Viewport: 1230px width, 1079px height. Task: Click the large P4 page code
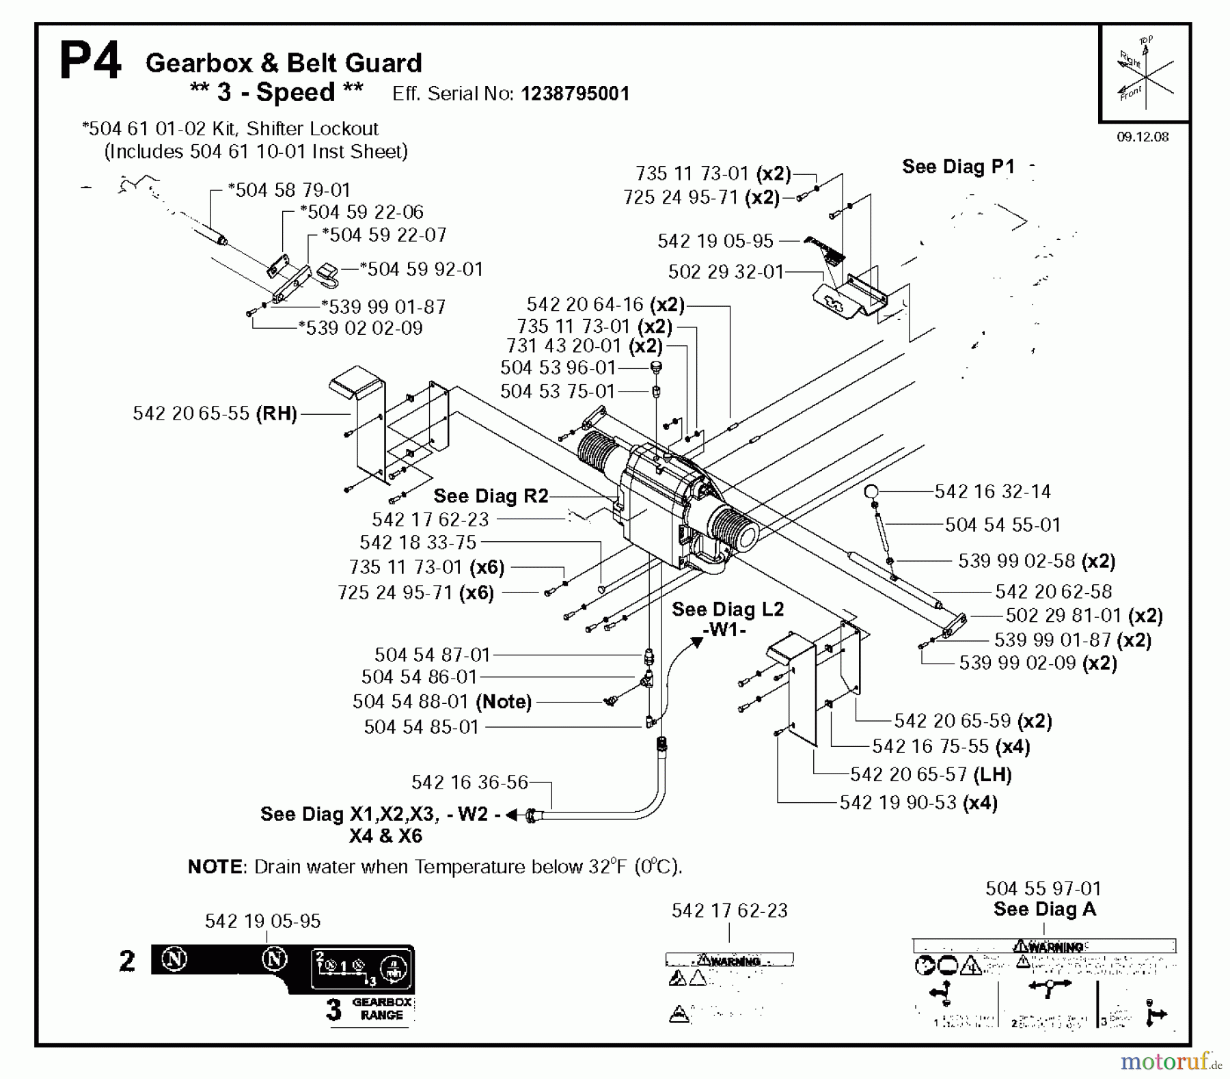coord(90,62)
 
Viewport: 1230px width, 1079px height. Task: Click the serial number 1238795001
coord(575,94)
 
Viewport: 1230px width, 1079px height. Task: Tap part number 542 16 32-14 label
coord(992,491)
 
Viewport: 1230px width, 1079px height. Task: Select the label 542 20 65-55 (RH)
coord(215,413)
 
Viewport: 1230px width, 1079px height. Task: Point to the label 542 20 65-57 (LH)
coord(931,774)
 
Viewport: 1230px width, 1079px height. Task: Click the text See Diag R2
coord(491,496)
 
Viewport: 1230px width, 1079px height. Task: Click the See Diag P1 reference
coord(958,166)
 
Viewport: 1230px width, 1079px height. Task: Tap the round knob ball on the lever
coord(871,491)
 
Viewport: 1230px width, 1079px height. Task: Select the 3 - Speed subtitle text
coord(276,92)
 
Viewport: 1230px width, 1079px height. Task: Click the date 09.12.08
coord(1143,137)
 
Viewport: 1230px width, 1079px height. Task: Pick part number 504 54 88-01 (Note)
coord(441,702)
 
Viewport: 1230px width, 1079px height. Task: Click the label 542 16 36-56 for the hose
coord(469,782)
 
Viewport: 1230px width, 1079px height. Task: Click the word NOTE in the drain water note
coord(215,866)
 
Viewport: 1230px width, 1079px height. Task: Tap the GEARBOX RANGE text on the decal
coord(381,1009)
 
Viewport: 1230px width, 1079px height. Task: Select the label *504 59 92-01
coord(421,269)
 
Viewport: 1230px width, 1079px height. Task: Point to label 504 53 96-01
coord(558,368)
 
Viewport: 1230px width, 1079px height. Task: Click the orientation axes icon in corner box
coord(1145,73)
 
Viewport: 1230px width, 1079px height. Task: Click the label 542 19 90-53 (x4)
coord(918,802)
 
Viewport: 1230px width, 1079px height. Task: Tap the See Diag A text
coord(1044,909)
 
